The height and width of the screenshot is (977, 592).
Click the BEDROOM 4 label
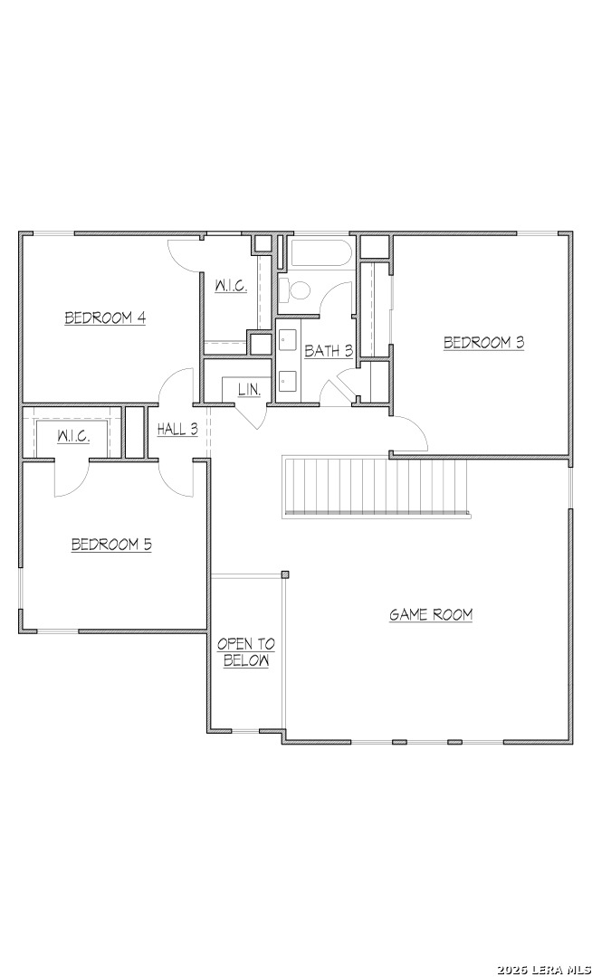(x=105, y=318)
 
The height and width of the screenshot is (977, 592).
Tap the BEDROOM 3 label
(x=483, y=342)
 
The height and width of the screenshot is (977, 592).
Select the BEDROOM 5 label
(x=111, y=545)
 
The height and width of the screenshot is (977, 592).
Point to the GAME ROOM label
(x=431, y=614)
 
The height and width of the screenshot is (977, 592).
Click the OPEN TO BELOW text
(x=246, y=652)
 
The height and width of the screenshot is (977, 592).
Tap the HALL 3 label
(x=177, y=429)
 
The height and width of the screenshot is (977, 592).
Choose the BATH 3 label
(x=329, y=351)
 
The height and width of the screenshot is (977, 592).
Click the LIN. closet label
(x=249, y=389)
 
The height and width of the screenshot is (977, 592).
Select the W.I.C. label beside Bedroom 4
(x=231, y=286)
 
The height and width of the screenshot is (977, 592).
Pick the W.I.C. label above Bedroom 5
(x=73, y=436)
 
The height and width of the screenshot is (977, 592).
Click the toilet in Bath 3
(x=294, y=289)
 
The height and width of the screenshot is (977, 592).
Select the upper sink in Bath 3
(x=288, y=341)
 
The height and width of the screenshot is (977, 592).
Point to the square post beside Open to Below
(x=285, y=574)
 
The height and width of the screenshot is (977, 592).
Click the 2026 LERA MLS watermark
(x=544, y=970)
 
